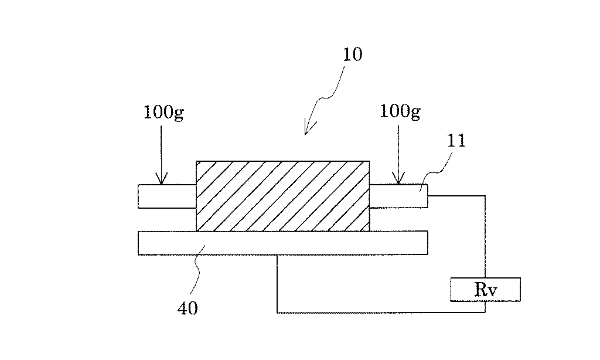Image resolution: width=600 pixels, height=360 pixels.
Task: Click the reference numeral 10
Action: tap(352, 55)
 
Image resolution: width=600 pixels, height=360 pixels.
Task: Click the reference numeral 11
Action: tap(456, 141)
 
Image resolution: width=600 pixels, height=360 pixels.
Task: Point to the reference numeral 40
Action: tap(187, 308)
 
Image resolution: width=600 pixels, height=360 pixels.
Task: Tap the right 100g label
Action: tap(400, 112)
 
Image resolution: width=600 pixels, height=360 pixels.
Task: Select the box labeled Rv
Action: tap(485, 289)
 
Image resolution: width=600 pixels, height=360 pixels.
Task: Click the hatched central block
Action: tap(283, 196)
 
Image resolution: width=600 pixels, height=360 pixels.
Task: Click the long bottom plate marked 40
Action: tap(283, 243)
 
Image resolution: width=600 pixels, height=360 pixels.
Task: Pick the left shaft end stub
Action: tap(167, 196)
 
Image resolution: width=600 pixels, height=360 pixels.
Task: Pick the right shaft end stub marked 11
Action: tap(398, 196)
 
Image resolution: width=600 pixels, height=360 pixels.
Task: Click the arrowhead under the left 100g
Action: tap(161, 178)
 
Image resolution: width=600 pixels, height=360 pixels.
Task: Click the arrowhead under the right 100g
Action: tap(398, 178)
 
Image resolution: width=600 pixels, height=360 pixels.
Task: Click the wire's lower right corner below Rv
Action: tap(485, 313)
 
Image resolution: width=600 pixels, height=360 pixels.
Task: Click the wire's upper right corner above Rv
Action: tap(485, 196)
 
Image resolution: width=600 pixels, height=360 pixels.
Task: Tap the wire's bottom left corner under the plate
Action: tap(277, 313)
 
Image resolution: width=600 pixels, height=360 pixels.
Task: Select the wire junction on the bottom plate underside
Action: tap(277, 255)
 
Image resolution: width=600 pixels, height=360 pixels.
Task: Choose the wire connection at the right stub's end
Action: tap(428, 196)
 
